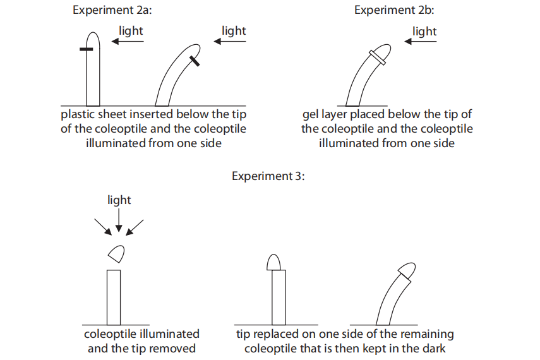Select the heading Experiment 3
(268, 176)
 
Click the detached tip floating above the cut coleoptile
(116, 254)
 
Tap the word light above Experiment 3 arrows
(119, 200)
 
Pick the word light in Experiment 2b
(424, 31)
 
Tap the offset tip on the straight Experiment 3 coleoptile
(275, 262)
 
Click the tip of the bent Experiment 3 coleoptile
(407, 270)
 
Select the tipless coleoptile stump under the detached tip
(113, 297)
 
